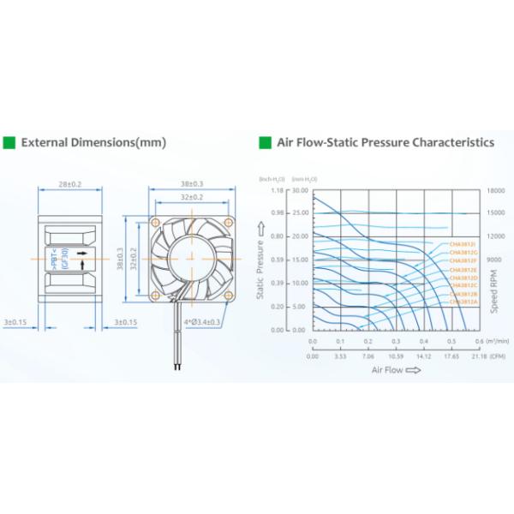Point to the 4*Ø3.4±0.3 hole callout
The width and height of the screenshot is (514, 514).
tap(203, 322)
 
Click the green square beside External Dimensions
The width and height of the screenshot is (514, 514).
tap(9, 142)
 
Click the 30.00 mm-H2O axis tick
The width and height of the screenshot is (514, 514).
tap(300, 191)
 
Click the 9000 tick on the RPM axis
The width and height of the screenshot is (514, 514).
tap(495, 260)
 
